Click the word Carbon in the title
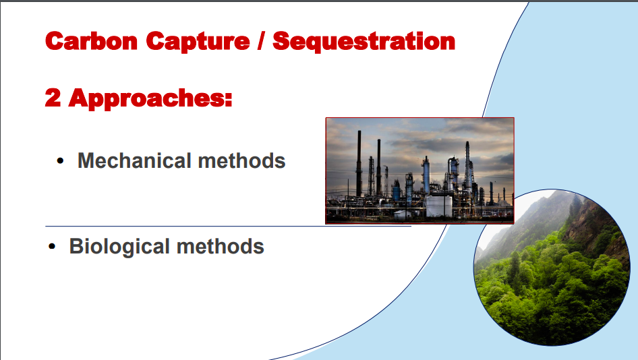coord(92,41)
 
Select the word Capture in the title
coord(198,42)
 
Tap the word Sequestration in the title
coord(364,42)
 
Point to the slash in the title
coord(261,41)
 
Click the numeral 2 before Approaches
coord(53,98)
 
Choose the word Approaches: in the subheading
coord(150,99)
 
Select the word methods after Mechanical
coord(241,160)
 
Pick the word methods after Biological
coord(220,246)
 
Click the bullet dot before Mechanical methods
coord(60,161)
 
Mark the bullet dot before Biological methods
coord(52,247)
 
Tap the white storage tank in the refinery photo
coord(438,206)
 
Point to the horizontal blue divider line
coord(228,226)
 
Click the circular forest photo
coord(552,268)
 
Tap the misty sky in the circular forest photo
coord(504,220)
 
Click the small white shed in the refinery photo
coord(403,215)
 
